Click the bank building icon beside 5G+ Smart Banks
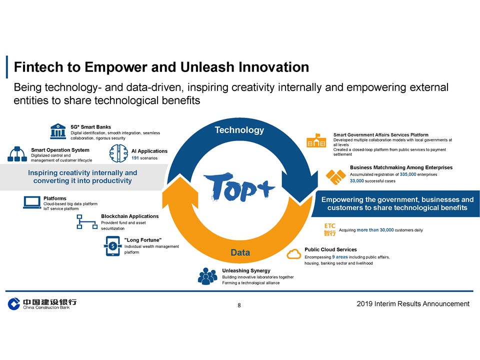(x=58, y=131)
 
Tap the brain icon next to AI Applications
(x=118, y=153)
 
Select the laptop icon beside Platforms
(x=32, y=202)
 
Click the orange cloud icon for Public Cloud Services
(x=293, y=254)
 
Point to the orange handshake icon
(x=336, y=176)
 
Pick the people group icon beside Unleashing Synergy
(x=207, y=276)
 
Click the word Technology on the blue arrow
(x=239, y=130)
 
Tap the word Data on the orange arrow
(x=240, y=252)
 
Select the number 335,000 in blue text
(x=408, y=174)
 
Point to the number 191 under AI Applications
(x=135, y=158)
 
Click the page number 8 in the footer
(x=239, y=305)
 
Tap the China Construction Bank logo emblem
(x=14, y=303)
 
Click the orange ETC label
(x=329, y=226)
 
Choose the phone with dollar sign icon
(x=112, y=246)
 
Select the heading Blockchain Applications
(x=130, y=216)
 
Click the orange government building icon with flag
(x=316, y=141)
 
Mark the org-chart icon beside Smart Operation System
(x=17, y=154)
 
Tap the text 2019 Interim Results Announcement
(x=413, y=303)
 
